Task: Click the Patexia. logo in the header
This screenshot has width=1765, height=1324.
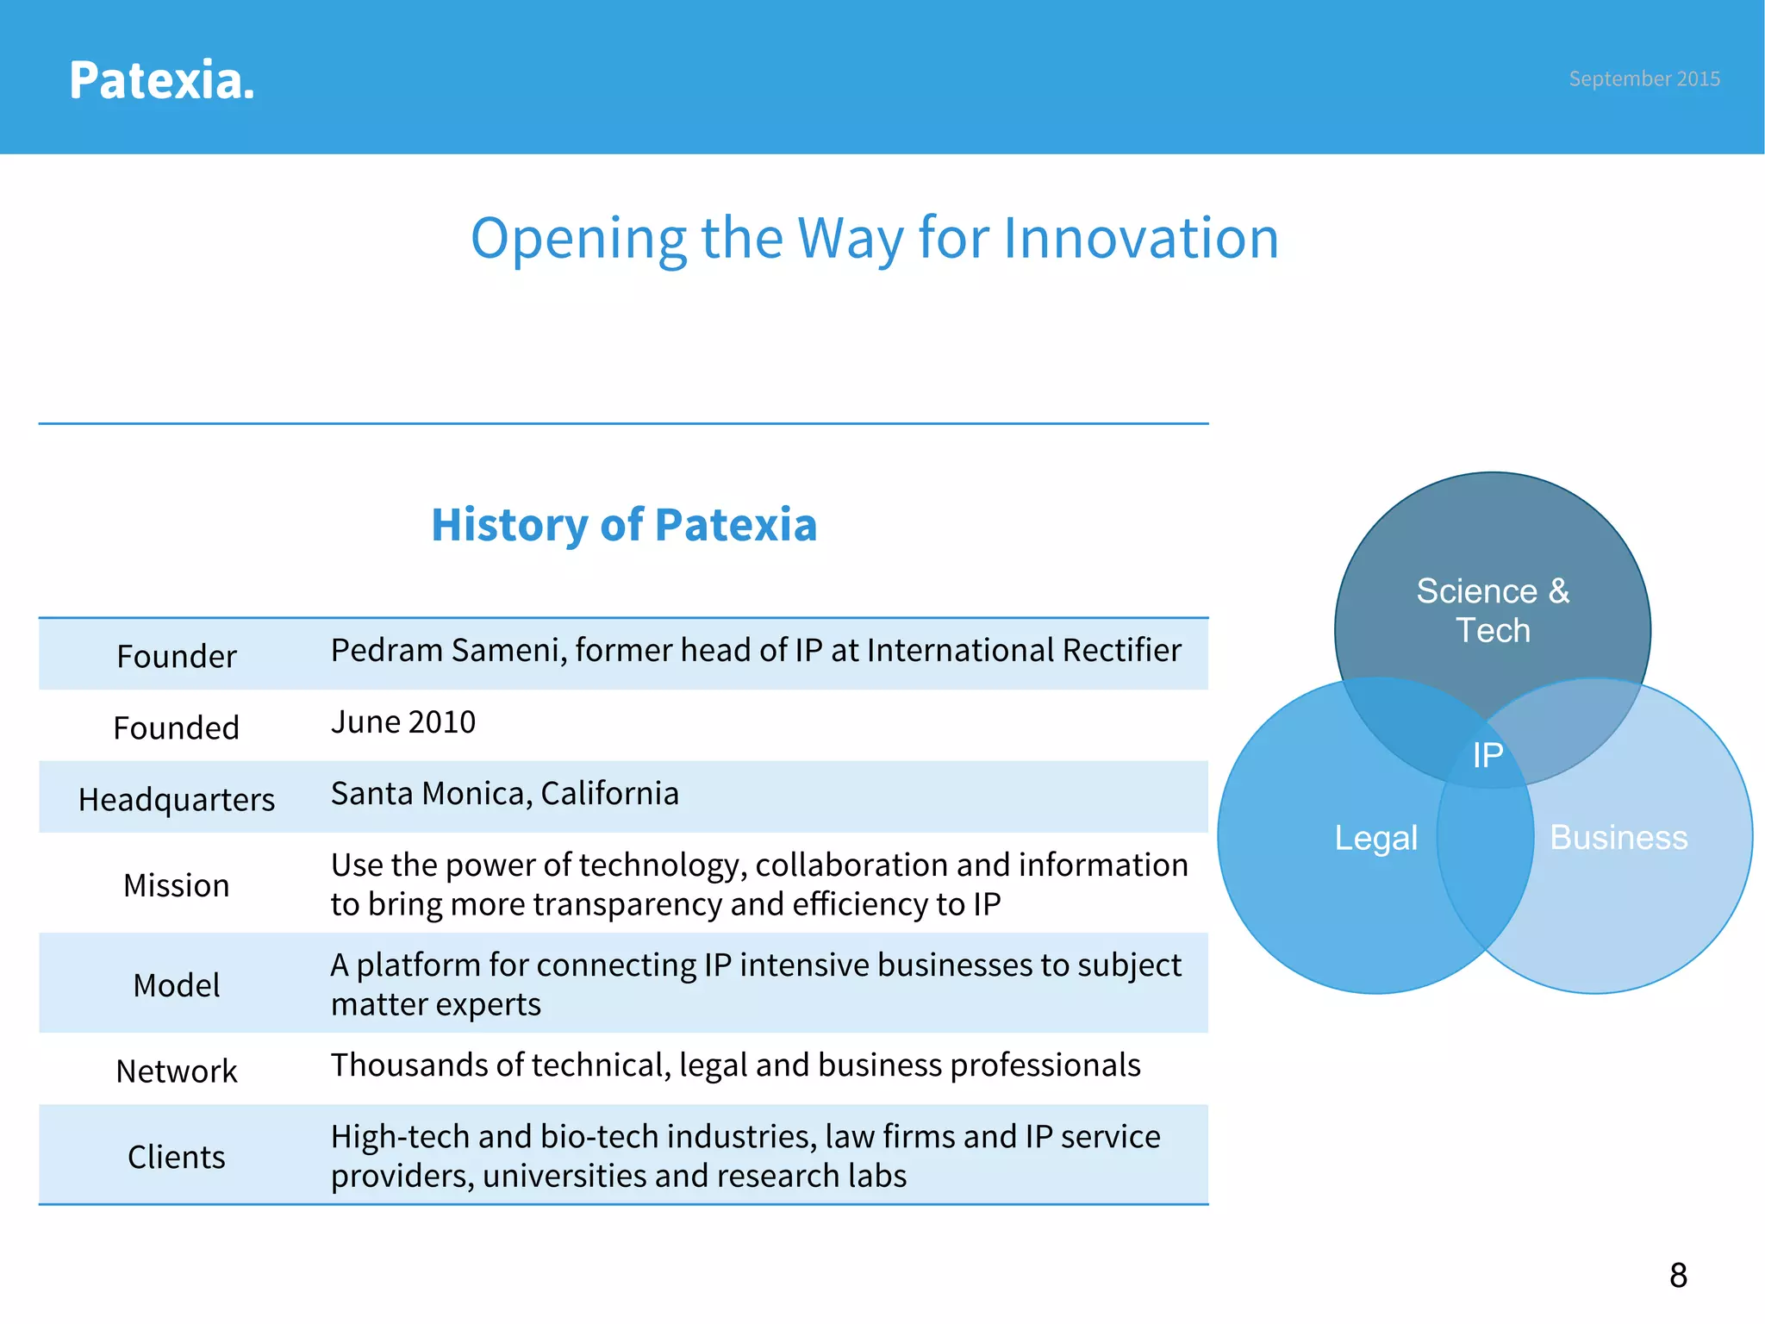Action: coord(161,80)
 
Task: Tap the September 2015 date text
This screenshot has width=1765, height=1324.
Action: coord(1643,78)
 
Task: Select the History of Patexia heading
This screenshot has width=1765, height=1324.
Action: coord(624,524)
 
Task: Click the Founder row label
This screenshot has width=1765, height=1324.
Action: coord(176,657)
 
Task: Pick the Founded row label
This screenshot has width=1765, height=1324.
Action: coord(176,728)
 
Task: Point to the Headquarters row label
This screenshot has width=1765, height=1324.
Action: coord(176,800)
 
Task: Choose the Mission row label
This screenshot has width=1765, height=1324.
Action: coord(176,885)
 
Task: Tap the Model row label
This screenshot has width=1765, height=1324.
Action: coord(176,985)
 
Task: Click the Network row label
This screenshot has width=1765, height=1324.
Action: coord(176,1071)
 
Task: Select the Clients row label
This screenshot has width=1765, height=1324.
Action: coord(176,1157)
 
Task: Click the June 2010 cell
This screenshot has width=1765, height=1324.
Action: coord(402,722)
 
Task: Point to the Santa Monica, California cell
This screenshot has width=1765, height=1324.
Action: coord(504,794)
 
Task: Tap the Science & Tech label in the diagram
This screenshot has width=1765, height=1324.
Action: coord(1493,610)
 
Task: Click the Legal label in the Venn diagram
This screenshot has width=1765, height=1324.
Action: coord(1375,838)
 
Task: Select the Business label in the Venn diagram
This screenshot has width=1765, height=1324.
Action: coord(1618,838)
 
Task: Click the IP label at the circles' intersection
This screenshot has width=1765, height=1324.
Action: coord(1487,756)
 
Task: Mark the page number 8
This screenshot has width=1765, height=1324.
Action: coord(1678,1276)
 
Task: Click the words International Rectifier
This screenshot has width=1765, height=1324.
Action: coord(1024,651)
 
